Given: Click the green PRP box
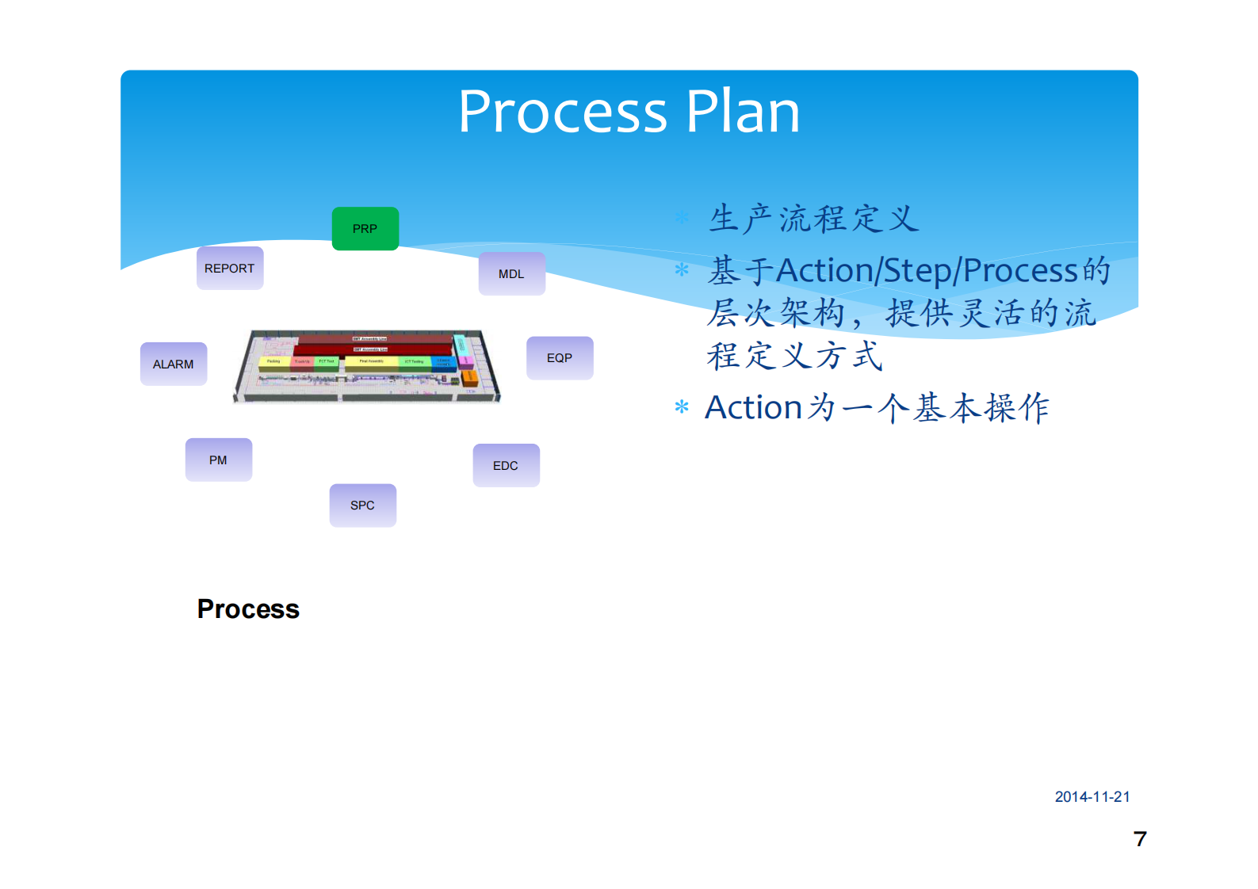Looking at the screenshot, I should click(365, 229).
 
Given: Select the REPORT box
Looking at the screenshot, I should click(230, 269).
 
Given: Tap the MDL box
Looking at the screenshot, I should click(511, 274).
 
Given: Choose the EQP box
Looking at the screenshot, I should click(560, 358).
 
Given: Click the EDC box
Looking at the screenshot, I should click(506, 466).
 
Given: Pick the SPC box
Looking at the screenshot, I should click(362, 506).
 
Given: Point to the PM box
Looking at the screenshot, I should click(218, 460).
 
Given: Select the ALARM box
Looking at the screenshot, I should click(174, 364).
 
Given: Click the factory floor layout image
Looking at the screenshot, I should click(367, 366).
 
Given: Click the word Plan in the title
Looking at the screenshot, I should click(743, 112).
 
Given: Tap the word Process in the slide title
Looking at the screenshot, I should click(563, 112).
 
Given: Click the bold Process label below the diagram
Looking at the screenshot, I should click(248, 609).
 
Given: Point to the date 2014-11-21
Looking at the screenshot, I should click(1092, 797).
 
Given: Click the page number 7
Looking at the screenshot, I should click(1140, 839).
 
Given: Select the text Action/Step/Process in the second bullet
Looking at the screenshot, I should click(927, 271).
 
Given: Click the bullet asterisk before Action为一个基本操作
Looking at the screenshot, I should click(681, 408).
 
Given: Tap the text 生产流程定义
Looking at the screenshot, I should click(813, 219).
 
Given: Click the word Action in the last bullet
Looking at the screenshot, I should click(753, 408).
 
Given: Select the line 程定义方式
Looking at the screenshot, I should click(794, 357).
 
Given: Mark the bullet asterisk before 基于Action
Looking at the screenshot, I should click(681, 270).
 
